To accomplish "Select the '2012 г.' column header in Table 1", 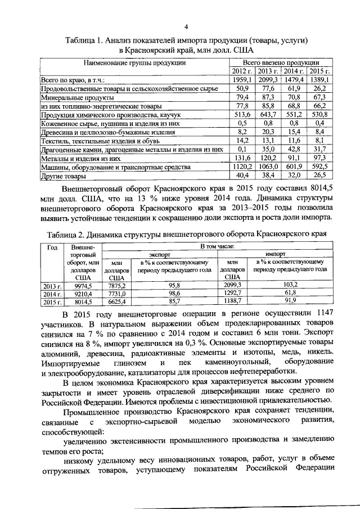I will [242, 71].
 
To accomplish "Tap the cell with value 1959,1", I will [242, 80].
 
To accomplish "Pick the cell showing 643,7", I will [268, 114].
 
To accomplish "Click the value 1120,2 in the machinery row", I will [242, 167].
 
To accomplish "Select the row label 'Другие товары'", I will [59, 176].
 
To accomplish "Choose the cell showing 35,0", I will [268, 150].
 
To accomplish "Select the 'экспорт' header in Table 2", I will [159, 254].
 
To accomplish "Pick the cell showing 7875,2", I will [116, 285].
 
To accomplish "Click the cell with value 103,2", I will [290, 285].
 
